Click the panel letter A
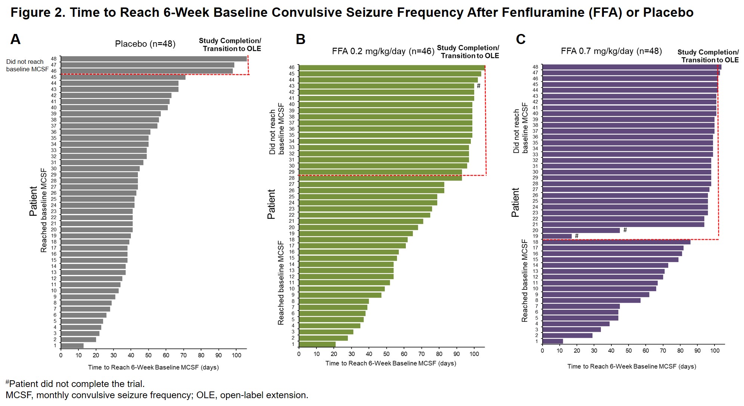coord(15,39)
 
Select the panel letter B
coord(300,39)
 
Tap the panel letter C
coord(521,39)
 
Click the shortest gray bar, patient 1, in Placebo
coord(72,346)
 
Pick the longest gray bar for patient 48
coord(154,59)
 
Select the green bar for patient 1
coord(317,344)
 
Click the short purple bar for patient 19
coord(557,236)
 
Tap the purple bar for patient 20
coord(581,230)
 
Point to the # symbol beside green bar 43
coord(478,86)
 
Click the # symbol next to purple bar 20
coord(625,230)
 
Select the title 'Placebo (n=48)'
coord(145,44)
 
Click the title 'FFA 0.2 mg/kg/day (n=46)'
coord(383,51)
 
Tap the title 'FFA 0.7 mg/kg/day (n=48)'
coord(611,51)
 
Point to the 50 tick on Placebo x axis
coord(148,355)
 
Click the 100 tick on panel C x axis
coord(714,351)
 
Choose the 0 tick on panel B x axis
coord(299,354)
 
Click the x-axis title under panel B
coord(390,363)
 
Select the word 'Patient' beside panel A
coord(33,201)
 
